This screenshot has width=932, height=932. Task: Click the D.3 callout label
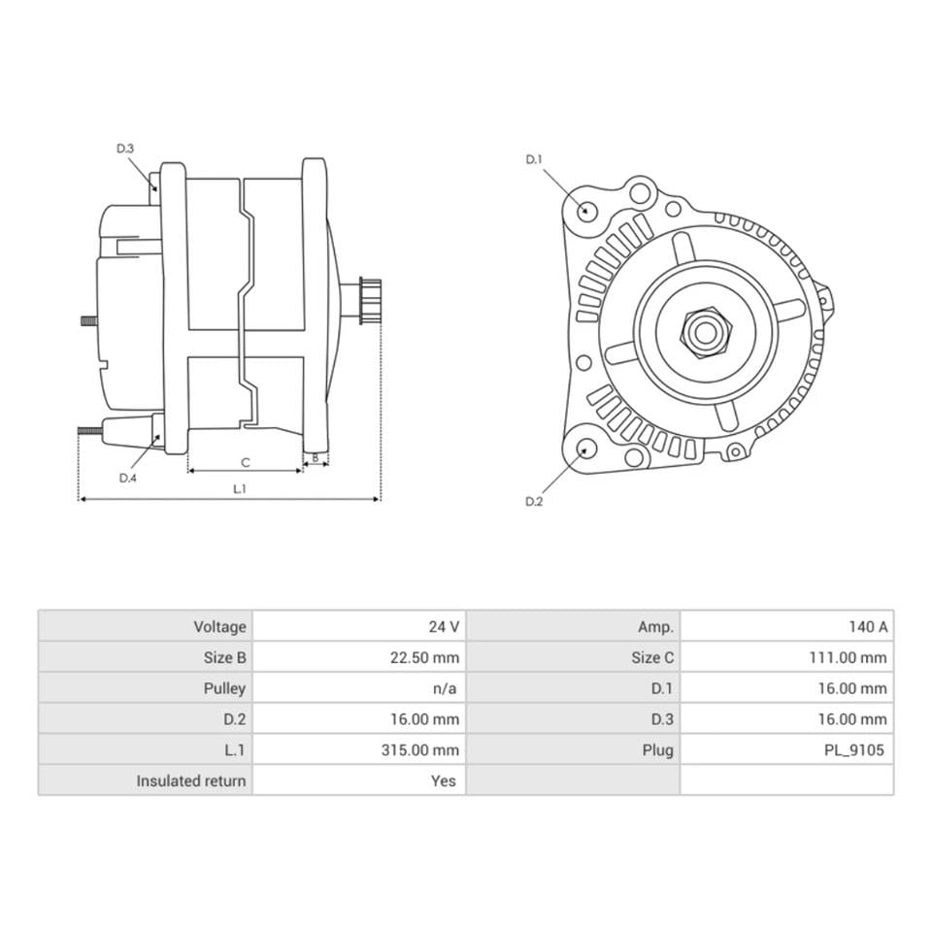pyautogui.click(x=125, y=149)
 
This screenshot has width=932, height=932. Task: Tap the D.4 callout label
pyautogui.click(x=128, y=478)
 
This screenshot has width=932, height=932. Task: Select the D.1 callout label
pyautogui.click(x=534, y=159)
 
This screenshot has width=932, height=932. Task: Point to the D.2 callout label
pyautogui.click(x=534, y=501)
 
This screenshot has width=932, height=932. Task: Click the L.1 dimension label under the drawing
pyautogui.click(x=239, y=489)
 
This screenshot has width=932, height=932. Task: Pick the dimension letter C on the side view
pyautogui.click(x=246, y=461)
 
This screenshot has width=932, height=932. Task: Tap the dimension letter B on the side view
pyautogui.click(x=316, y=457)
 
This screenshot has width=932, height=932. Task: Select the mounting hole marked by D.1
pyautogui.click(x=586, y=211)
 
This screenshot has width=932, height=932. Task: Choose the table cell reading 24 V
pyautogui.click(x=444, y=626)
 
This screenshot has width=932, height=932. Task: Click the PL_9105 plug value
pyautogui.click(x=852, y=749)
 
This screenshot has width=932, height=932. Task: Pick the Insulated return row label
pyautogui.click(x=191, y=781)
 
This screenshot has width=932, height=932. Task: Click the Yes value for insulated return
pyautogui.click(x=443, y=781)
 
